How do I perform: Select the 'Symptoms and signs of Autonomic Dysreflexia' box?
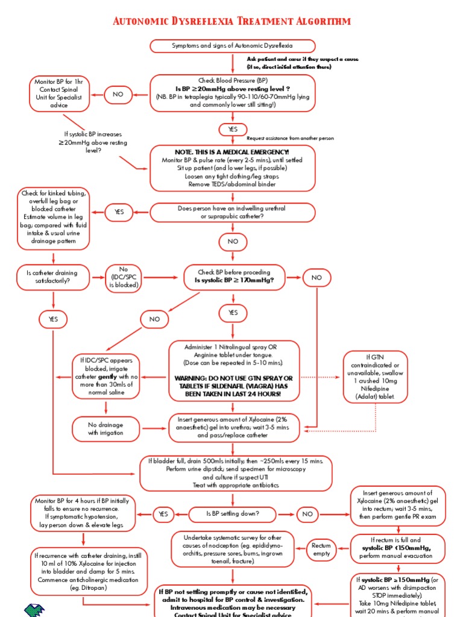coord(233,46)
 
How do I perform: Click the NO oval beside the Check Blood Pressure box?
coord(118,94)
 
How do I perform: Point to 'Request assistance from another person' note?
coord(290,138)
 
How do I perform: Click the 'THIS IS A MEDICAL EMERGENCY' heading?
coord(232,152)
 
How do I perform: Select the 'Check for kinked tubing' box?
coord(54,218)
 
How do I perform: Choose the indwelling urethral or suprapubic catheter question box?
coord(232,212)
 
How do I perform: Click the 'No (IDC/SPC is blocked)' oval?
coord(124,278)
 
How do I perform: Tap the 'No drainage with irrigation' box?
coord(106,429)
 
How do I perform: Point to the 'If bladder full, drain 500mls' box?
coord(235,473)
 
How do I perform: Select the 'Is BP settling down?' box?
coord(233,514)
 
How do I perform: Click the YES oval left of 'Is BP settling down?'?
coord(163,514)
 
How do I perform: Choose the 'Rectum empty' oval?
coord(321,549)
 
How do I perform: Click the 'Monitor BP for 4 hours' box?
coord(84,513)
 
